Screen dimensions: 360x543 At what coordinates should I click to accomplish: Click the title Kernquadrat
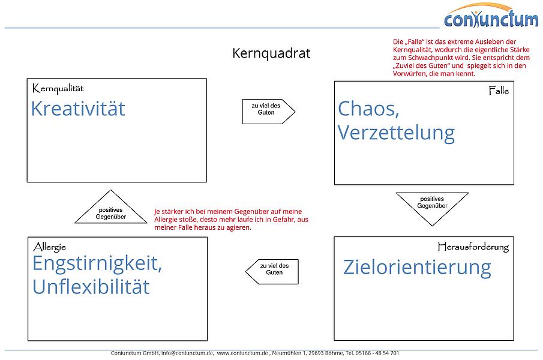tap(271, 53)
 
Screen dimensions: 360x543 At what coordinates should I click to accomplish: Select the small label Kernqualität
tap(58, 89)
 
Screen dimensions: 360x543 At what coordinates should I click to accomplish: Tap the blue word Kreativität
tap(78, 109)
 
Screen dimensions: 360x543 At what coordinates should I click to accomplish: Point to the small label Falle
tap(499, 91)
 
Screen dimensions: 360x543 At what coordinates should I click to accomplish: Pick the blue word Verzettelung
tap(396, 133)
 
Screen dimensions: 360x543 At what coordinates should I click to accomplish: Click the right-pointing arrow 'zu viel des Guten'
tap(268, 110)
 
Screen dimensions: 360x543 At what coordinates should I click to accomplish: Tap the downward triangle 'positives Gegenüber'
tap(432, 204)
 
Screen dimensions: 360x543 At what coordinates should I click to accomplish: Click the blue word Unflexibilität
tap(91, 287)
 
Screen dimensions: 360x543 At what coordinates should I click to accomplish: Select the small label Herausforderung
tap(473, 247)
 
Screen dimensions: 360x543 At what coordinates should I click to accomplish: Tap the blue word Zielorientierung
tap(417, 267)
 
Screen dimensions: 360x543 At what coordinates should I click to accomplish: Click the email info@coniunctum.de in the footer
tap(187, 353)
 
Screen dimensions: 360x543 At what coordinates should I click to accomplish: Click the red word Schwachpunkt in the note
tap(431, 58)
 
